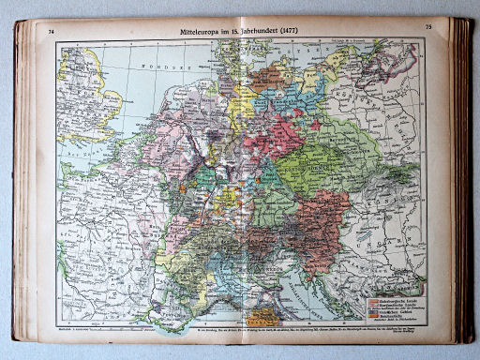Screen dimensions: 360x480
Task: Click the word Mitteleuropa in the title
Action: [x=203, y=31]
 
